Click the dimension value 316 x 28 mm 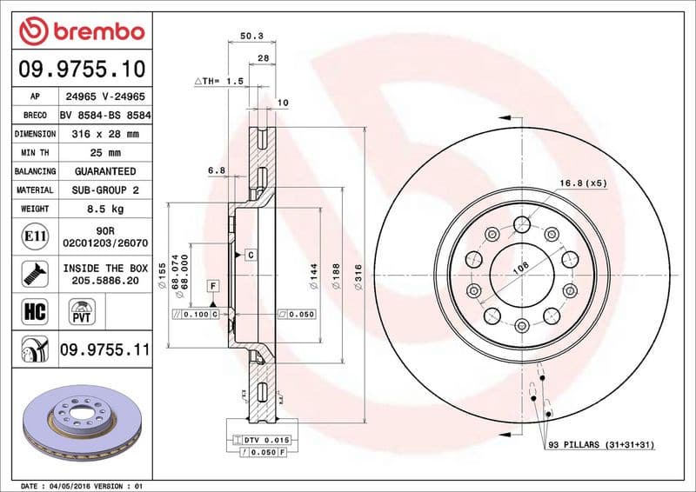(104, 134)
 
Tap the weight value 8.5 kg (104, 209)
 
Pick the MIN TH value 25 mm (104, 153)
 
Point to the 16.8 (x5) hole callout (584, 183)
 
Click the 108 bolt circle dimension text (520, 268)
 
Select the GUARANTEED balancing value (104, 171)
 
